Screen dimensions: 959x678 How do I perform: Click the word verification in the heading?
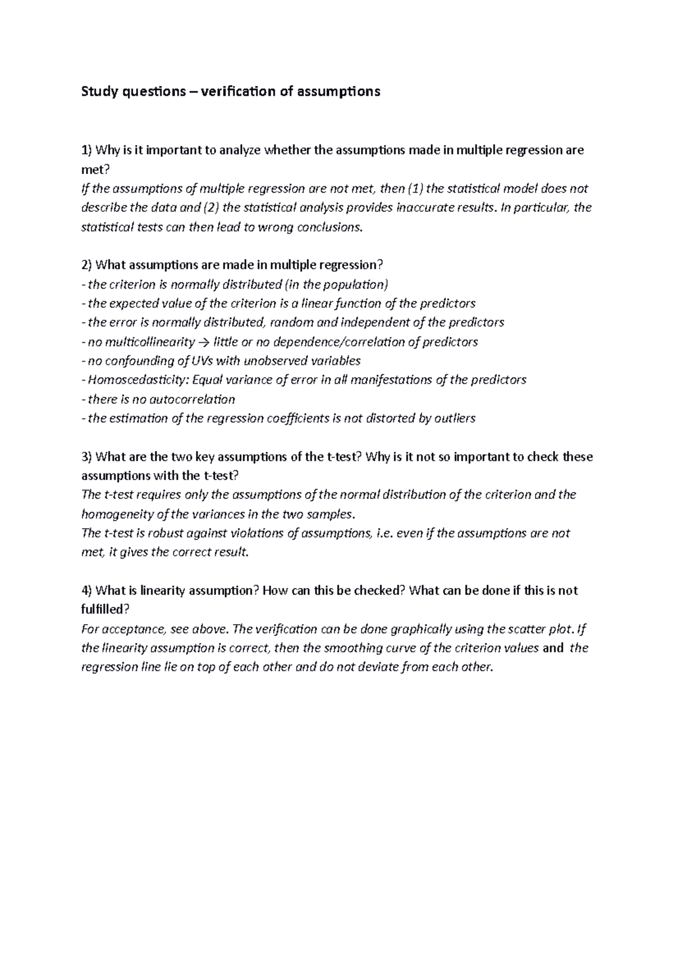[240, 91]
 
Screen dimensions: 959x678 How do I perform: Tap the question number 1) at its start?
[86, 150]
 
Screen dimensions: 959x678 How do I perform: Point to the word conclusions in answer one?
[326, 227]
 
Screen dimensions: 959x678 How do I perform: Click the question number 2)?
[86, 265]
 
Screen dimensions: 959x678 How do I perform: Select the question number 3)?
[86, 457]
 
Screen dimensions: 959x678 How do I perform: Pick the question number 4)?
[86, 591]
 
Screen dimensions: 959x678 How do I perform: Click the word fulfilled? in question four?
[106, 610]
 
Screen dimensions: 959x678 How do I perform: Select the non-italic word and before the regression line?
[553, 648]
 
